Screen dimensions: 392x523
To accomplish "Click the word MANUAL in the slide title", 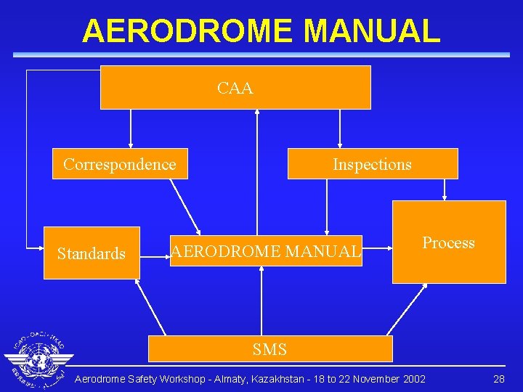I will (x=371, y=31).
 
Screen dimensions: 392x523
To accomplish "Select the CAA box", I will (x=235, y=88).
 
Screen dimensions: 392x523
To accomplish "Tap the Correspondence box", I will (x=120, y=164).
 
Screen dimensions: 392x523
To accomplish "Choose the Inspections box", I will (x=372, y=164).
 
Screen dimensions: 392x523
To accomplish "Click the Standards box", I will (x=92, y=253).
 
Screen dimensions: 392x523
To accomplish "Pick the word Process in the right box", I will (x=448, y=243).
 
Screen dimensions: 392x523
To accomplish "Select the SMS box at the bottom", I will (x=270, y=349).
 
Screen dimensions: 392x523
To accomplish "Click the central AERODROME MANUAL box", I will (x=266, y=251).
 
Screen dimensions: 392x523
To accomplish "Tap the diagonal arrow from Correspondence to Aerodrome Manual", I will (x=185, y=206).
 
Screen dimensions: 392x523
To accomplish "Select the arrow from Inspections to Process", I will (x=445, y=189).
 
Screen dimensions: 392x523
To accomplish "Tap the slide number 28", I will (x=498, y=379).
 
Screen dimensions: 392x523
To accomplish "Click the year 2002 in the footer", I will (x=413, y=379).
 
